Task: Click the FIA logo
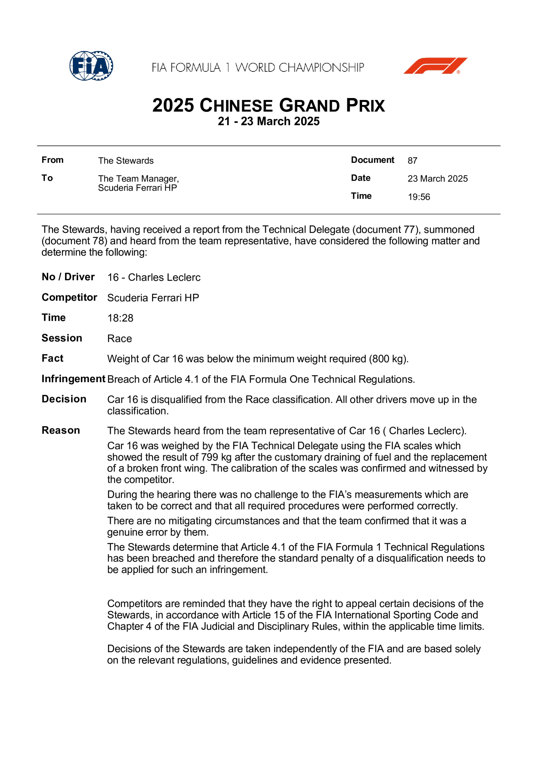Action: pyautogui.click(x=91, y=66)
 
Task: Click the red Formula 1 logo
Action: pyautogui.click(x=435, y=66)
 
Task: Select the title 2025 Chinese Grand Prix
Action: pyautogui.click(x=269, y=105)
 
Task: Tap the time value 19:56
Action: pyautogui.click(x=419, y=197)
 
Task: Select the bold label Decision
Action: pyautogui.click(x=64, y=399)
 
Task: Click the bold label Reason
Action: pyautogui.click(x=61, y=430)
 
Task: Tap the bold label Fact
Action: pyautogui.click(x=52, y=358)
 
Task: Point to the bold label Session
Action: pyautogui.click(x=62, y=338)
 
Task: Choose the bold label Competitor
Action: pyautogui.click(x=69, y=297)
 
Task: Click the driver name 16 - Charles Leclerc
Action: pyautogui.click(x=154, y=277)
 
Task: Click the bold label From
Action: pyautogui.click(x=52, y=160)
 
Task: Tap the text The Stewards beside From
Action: pyautogui.click(x=126, y=161)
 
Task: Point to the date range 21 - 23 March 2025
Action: pyautogui.click(x=269, y=121)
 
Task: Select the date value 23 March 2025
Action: pyautogui.click(x=437, y=179)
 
